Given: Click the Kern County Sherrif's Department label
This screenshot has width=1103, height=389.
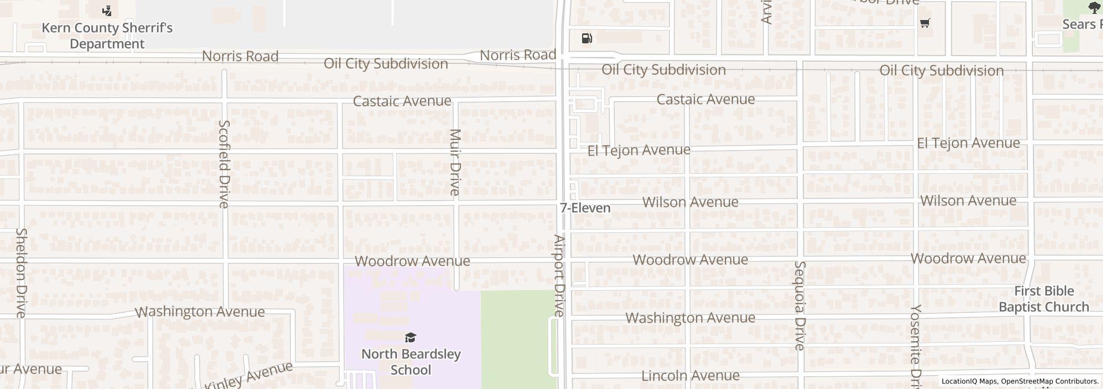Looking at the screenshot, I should pos(107,36).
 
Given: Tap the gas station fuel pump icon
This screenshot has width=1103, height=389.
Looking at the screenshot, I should pos(587,38).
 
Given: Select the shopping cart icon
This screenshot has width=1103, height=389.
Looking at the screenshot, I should pos(925,23).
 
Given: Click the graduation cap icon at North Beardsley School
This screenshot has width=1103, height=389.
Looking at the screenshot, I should pos(410,337).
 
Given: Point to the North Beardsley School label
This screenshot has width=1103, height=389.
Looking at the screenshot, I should pos(411,362).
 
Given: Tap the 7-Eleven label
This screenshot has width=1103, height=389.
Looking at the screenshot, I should pos(585,208).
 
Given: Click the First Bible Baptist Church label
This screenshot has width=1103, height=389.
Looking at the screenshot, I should pos(1044,299).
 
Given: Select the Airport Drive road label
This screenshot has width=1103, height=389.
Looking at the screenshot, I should pos(559,276).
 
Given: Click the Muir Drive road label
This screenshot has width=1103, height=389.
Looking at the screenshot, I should pos(455,162).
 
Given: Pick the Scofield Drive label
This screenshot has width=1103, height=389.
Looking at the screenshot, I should pos(223,164).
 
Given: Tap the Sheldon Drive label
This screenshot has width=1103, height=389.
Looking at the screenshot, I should pos(21,272).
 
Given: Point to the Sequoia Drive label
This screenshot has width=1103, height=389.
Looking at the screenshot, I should pos(799,306).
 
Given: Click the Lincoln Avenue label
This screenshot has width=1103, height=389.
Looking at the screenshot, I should pos(690,376).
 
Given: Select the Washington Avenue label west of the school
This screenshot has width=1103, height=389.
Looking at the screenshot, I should pos(200,311).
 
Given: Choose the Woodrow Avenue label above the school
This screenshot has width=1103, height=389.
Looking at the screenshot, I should pos(412,261).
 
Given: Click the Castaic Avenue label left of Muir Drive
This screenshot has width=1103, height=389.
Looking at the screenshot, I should pos(402,101).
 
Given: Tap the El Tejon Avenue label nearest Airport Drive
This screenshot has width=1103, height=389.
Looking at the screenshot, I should pos(639,150).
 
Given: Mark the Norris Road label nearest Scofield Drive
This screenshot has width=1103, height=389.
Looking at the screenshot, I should pos(240,56).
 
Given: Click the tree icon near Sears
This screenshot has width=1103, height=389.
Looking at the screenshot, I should pos(1094,7).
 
